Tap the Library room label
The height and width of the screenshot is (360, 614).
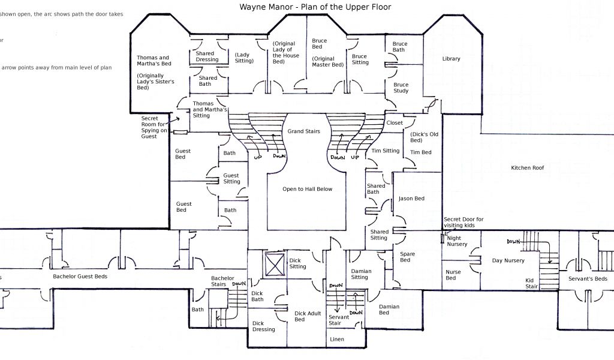click(x=451, y=59)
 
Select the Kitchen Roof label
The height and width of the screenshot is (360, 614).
click(x=527, y=168)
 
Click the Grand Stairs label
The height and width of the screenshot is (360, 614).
click(x=303, y=131)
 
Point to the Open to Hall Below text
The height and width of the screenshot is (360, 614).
click(x=307, y=189)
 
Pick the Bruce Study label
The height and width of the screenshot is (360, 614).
click(x=401, y=88)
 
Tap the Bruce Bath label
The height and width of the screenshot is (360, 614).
click(x=399, y=47)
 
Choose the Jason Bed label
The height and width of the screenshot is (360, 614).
click(x=411, y=199)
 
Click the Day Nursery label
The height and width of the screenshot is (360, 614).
click(x=508, y=260)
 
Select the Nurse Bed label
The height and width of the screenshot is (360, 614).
click(x=453, y=275)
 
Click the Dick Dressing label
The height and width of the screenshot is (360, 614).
click(x=263, y=326)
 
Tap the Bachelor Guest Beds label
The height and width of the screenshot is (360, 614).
click(x=80, y=277)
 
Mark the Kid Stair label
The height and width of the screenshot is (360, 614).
click(x=531, y=283)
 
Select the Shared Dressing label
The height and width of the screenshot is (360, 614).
click(x=207, y=56)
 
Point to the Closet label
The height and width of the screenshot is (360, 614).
click(x=395, y=123)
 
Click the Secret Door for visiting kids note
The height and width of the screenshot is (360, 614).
click(x=463, y=223)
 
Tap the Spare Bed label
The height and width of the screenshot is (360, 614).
click(x=407, y=257)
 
